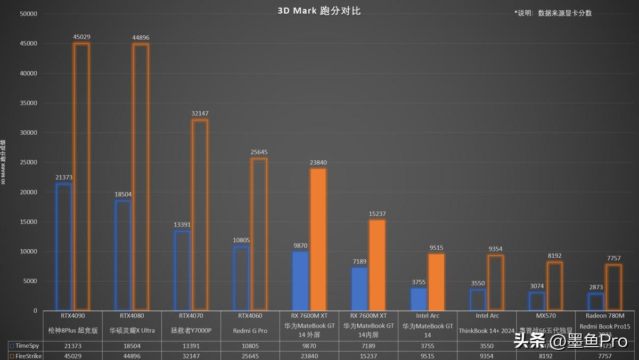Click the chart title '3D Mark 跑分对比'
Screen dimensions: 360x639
click(x=319, y=11)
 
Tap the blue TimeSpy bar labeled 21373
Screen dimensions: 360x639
click(x=63, y=247)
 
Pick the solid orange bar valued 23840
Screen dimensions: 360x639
click(x=318, y=240)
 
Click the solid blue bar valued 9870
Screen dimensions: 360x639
click(x=300, y=281)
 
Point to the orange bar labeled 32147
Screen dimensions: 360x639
click(x=200, y=215)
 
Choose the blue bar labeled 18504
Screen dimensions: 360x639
click(x=123, y=255)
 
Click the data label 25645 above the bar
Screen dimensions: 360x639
click(x=259, y=152)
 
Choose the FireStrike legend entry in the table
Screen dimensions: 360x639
click(x=24, y=355)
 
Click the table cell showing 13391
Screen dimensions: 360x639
click(x=191, y=345)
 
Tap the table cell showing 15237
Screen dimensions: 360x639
click(x=368, y=355)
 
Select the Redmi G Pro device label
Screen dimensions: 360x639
click(x=250, y=331)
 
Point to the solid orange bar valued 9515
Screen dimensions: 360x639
click(x=437, y=282)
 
